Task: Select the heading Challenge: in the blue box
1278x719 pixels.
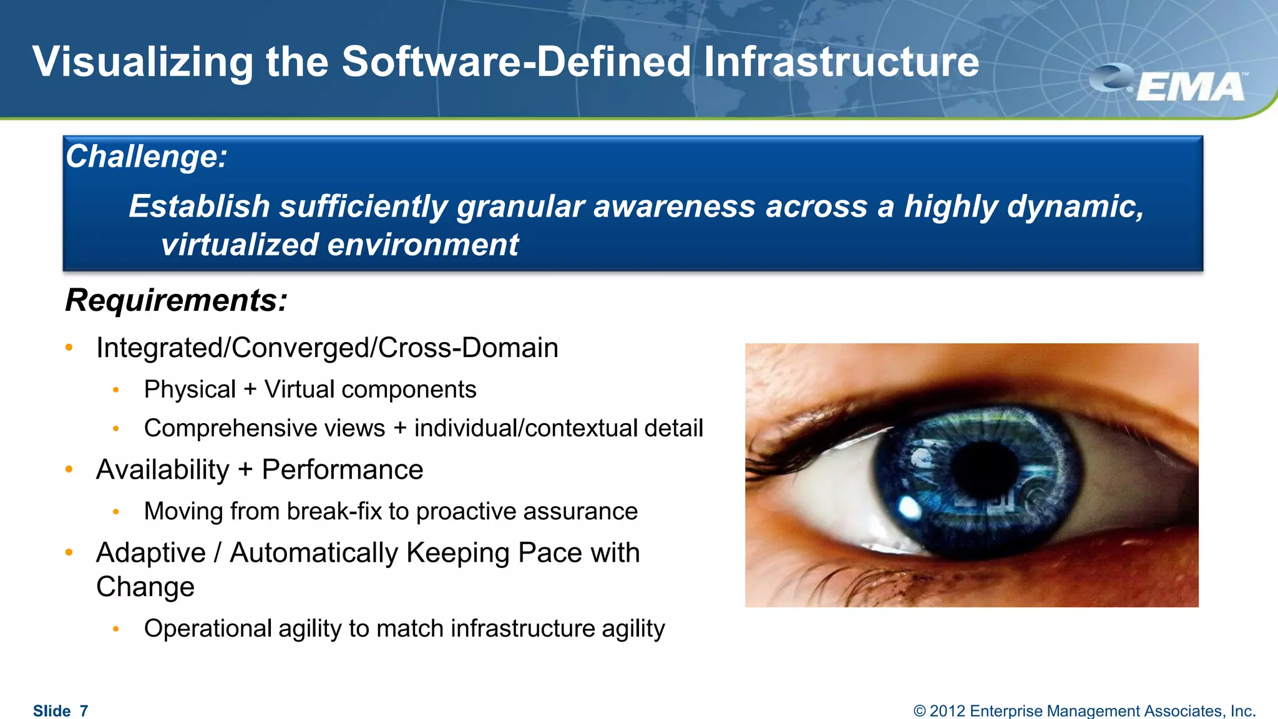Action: [x=147, y=156]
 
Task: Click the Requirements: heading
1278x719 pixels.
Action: [x=177, y=300]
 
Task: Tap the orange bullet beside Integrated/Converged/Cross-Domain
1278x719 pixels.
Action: [x=69, y=348]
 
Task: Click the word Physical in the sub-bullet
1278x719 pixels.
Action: [x=190, y=389]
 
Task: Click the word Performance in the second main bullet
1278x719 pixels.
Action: [x=342, y=469]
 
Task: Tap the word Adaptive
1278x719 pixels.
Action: [x=151, y=553]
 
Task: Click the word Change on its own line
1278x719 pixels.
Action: [x=145, y=587]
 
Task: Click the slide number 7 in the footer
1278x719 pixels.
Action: [x=84, y=711]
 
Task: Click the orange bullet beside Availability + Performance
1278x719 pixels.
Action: [x=69, y=469]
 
